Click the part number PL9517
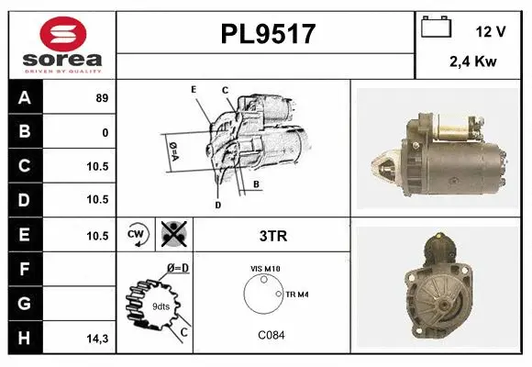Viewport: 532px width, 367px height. coord(267,34)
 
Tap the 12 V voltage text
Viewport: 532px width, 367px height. coord(491,31)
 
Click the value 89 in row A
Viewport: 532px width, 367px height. coord(102,98)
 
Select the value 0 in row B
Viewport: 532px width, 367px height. coord(105,132)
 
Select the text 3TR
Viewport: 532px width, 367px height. coord(272,236)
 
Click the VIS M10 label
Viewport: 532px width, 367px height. coord(266,269)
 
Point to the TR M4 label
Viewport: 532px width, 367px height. coord(297,294)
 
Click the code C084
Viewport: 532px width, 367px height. coord(271,335)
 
